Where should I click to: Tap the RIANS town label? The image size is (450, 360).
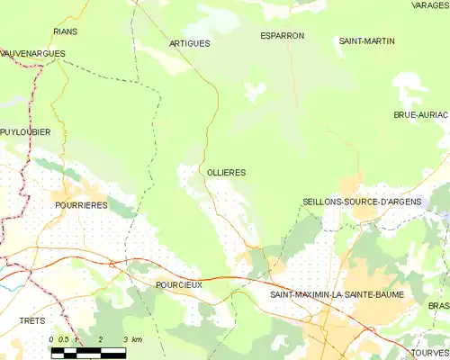pos(66,31)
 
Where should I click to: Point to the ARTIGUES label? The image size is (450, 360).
pos(189,43)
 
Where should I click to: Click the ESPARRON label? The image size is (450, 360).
pos(282,36)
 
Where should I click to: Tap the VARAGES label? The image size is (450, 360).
pos(429,5)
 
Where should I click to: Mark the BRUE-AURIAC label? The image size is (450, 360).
pos(420,115)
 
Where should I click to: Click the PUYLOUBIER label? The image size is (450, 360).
pos(25,132)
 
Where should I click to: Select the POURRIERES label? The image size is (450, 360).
pos(82,205)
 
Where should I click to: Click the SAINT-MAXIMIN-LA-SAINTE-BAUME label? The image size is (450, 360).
pos(337,294)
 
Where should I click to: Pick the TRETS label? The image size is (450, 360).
pos(31,320)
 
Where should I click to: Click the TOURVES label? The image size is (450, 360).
pos(431,353)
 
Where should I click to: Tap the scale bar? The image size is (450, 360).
pos(88,352)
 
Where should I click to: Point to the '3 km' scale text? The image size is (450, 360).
pos(136,339)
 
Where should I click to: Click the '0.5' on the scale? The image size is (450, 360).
pos(63,339)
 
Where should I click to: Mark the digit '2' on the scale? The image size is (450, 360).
pos(101,339)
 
